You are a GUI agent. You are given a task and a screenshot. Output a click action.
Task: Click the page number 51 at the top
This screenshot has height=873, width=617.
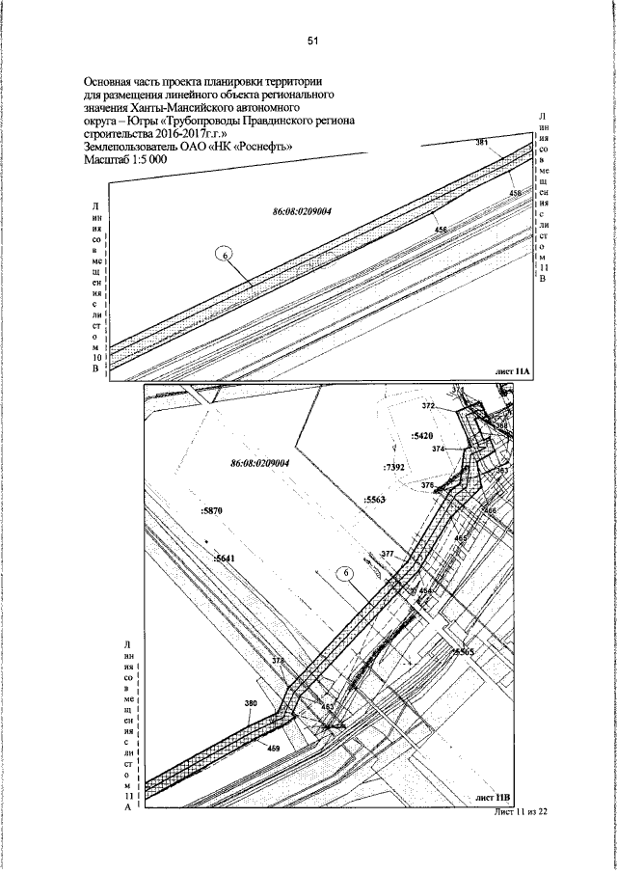click(312, 41)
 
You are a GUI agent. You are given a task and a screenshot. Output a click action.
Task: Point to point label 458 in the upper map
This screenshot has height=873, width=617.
click(516, 194)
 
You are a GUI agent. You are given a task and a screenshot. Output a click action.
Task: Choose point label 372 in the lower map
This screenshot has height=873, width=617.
click(430, 406)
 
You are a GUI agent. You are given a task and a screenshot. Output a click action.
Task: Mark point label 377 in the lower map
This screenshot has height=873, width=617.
click(388, 554)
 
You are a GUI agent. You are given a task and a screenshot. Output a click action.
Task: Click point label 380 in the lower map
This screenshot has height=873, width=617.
click(252, 704)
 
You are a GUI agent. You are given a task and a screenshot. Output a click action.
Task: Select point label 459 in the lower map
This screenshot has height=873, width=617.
click(274, 749)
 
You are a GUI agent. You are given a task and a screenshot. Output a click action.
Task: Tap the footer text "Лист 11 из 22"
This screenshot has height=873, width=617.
click(520, 812)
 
